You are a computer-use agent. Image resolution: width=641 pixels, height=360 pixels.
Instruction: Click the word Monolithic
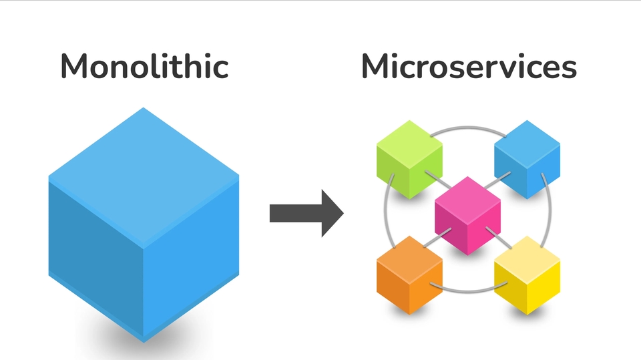[144, 67]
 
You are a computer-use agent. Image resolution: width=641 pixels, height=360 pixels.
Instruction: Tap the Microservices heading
[469, 67]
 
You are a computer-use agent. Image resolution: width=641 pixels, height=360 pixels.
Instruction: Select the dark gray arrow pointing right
[306, 213]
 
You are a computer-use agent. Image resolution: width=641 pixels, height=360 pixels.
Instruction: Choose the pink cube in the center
[468, 215]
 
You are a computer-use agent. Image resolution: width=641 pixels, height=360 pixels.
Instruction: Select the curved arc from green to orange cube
[387, 214]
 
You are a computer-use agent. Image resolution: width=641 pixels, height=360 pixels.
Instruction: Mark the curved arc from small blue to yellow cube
[550, 214]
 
